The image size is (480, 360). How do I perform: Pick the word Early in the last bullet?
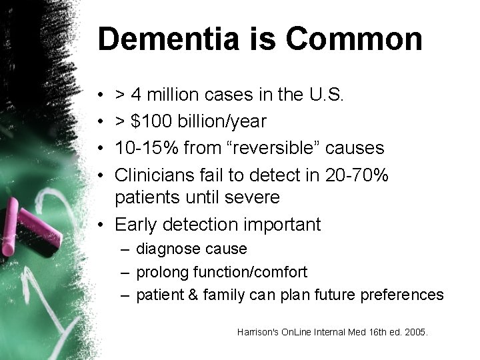(x=135, y=225)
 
